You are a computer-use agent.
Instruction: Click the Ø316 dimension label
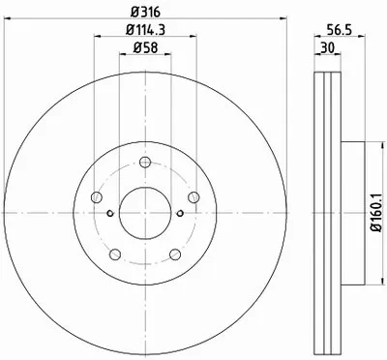click(145, 13)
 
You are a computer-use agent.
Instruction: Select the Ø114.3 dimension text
click(145, 30)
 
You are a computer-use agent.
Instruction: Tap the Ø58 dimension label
click(145, 48)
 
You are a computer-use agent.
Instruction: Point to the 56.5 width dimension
click(339, 30)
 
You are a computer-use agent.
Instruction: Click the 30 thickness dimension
click(327, 48)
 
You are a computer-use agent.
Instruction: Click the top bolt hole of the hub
click(145, 162)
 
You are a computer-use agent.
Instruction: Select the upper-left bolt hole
click(97, 197)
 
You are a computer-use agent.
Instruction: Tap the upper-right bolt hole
click(193, 197)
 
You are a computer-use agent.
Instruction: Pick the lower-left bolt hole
click(115, 255)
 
